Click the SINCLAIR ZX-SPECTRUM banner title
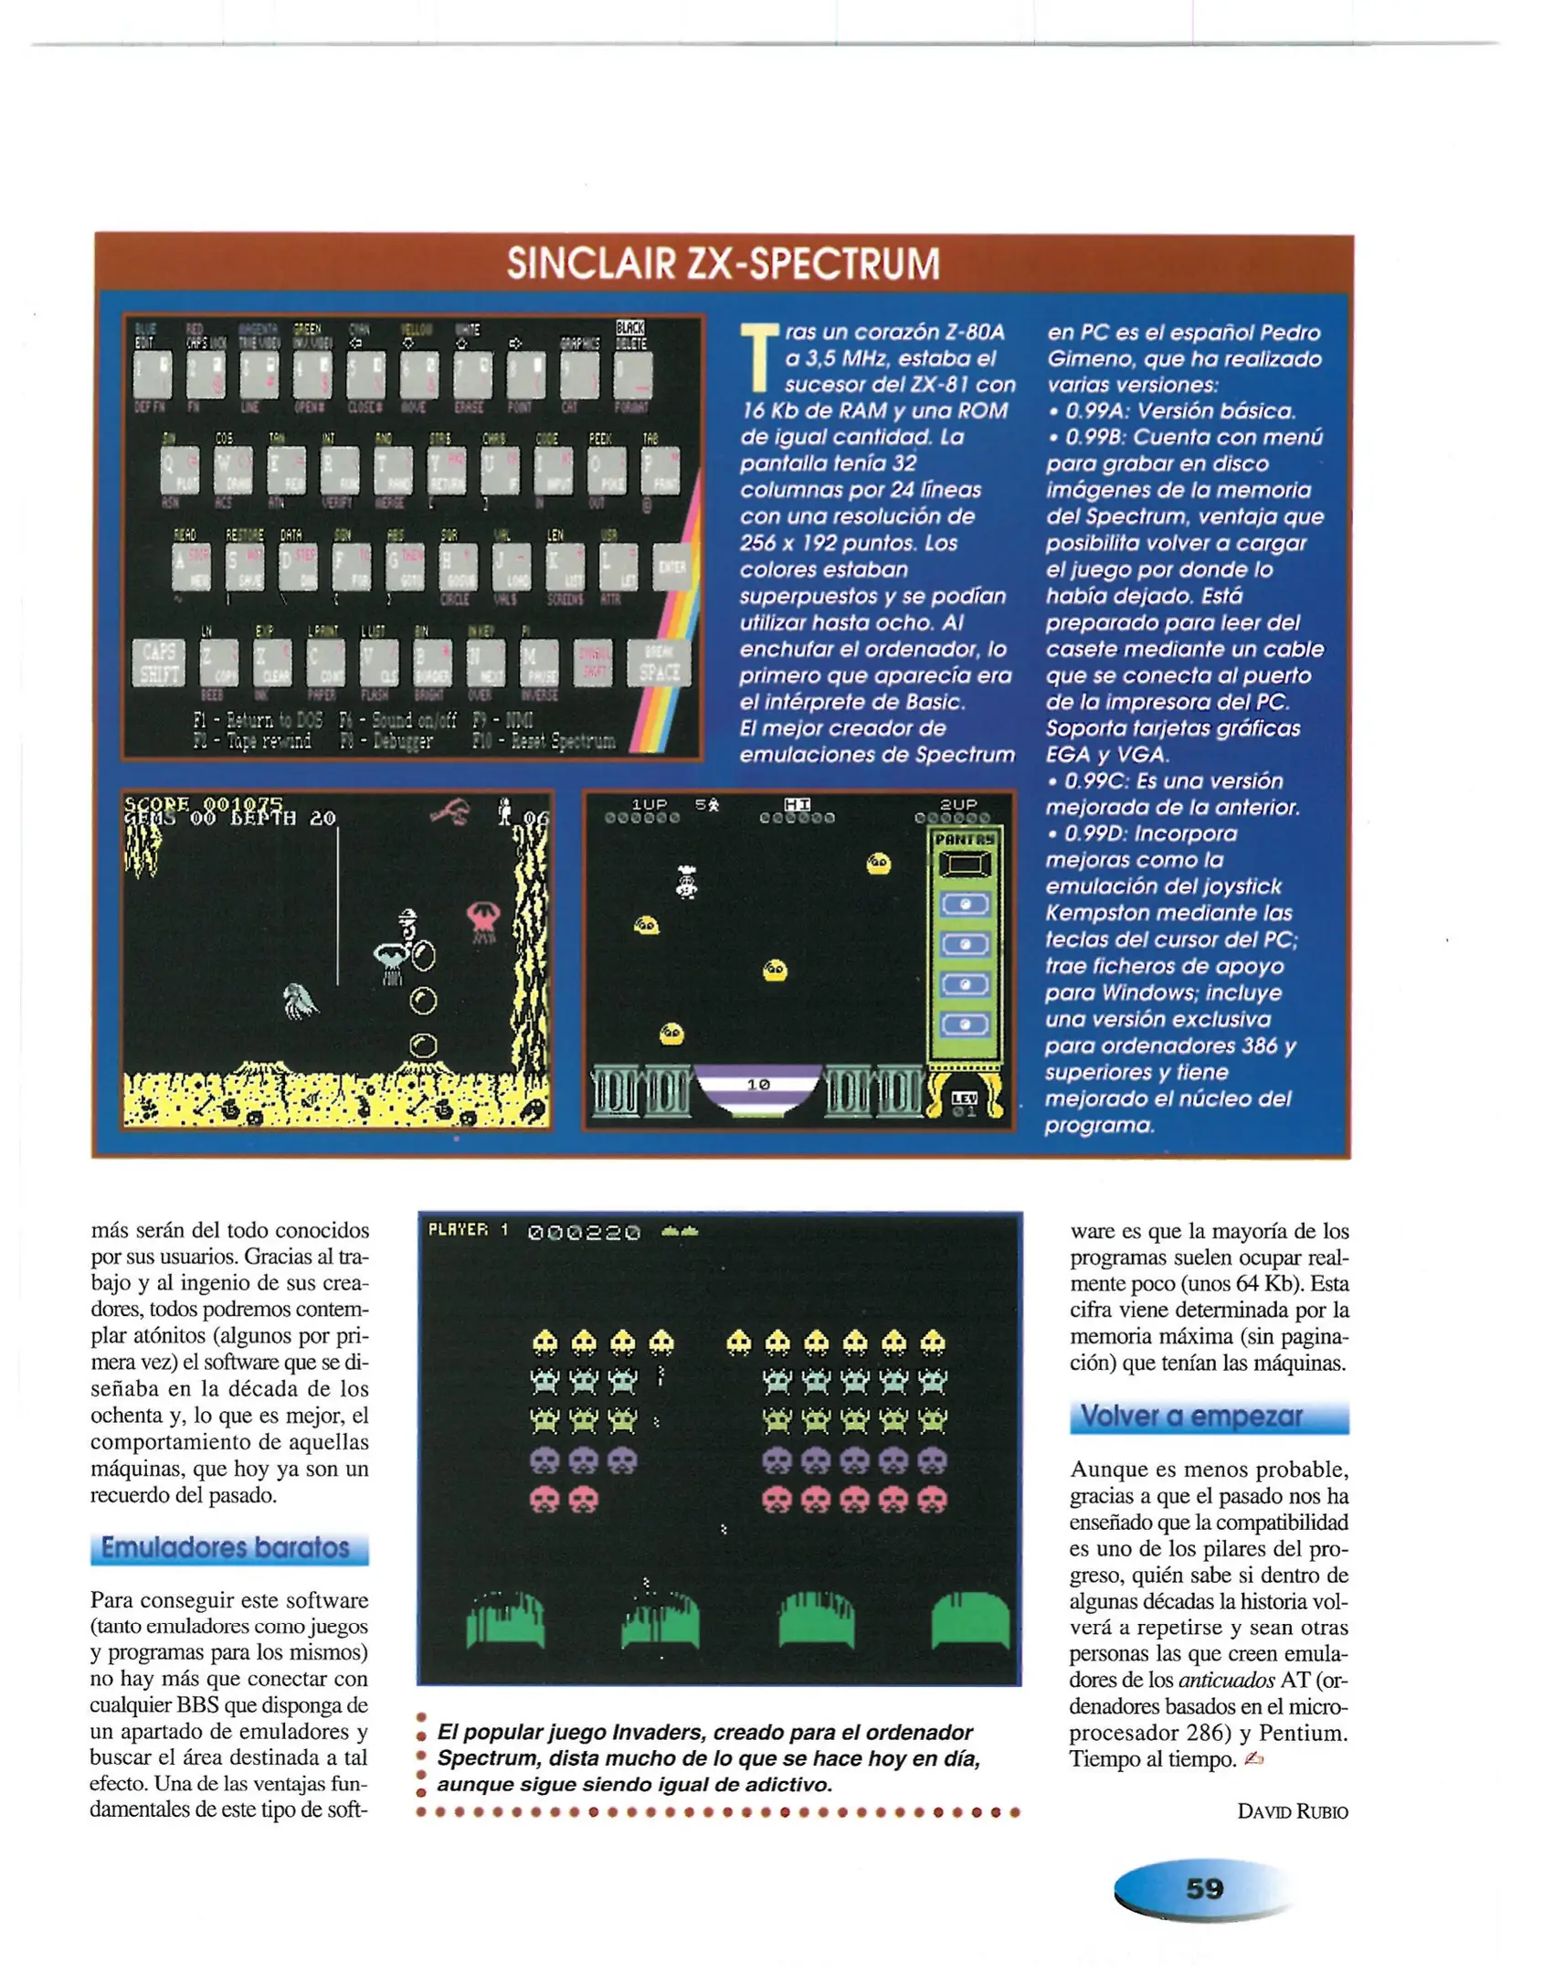[x=723, y=264]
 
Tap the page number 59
[x=1203, y=1888]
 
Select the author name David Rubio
[x=1292, y=1811]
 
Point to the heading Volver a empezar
[x=1191, y=1417]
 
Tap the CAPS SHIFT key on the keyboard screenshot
[x=158, y=663]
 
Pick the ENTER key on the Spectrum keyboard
[x=671, y=568]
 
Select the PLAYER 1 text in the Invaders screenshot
[x=468, y=1230]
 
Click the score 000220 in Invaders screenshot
[x=584, y=1232]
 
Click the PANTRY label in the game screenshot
[x=964, y=838]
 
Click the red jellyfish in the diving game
[x=482, y=920]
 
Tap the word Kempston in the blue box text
[x=1096, y=913]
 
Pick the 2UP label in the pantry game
[x=958, y=803]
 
